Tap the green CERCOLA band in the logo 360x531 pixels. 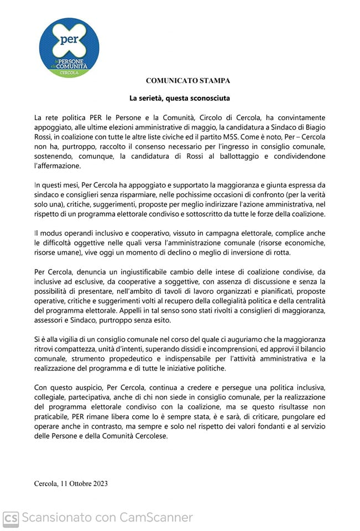(70, 72)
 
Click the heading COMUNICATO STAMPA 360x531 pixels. (188, 80)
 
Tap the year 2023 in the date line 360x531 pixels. (99, 483)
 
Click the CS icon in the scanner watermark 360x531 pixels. (11, 518)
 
